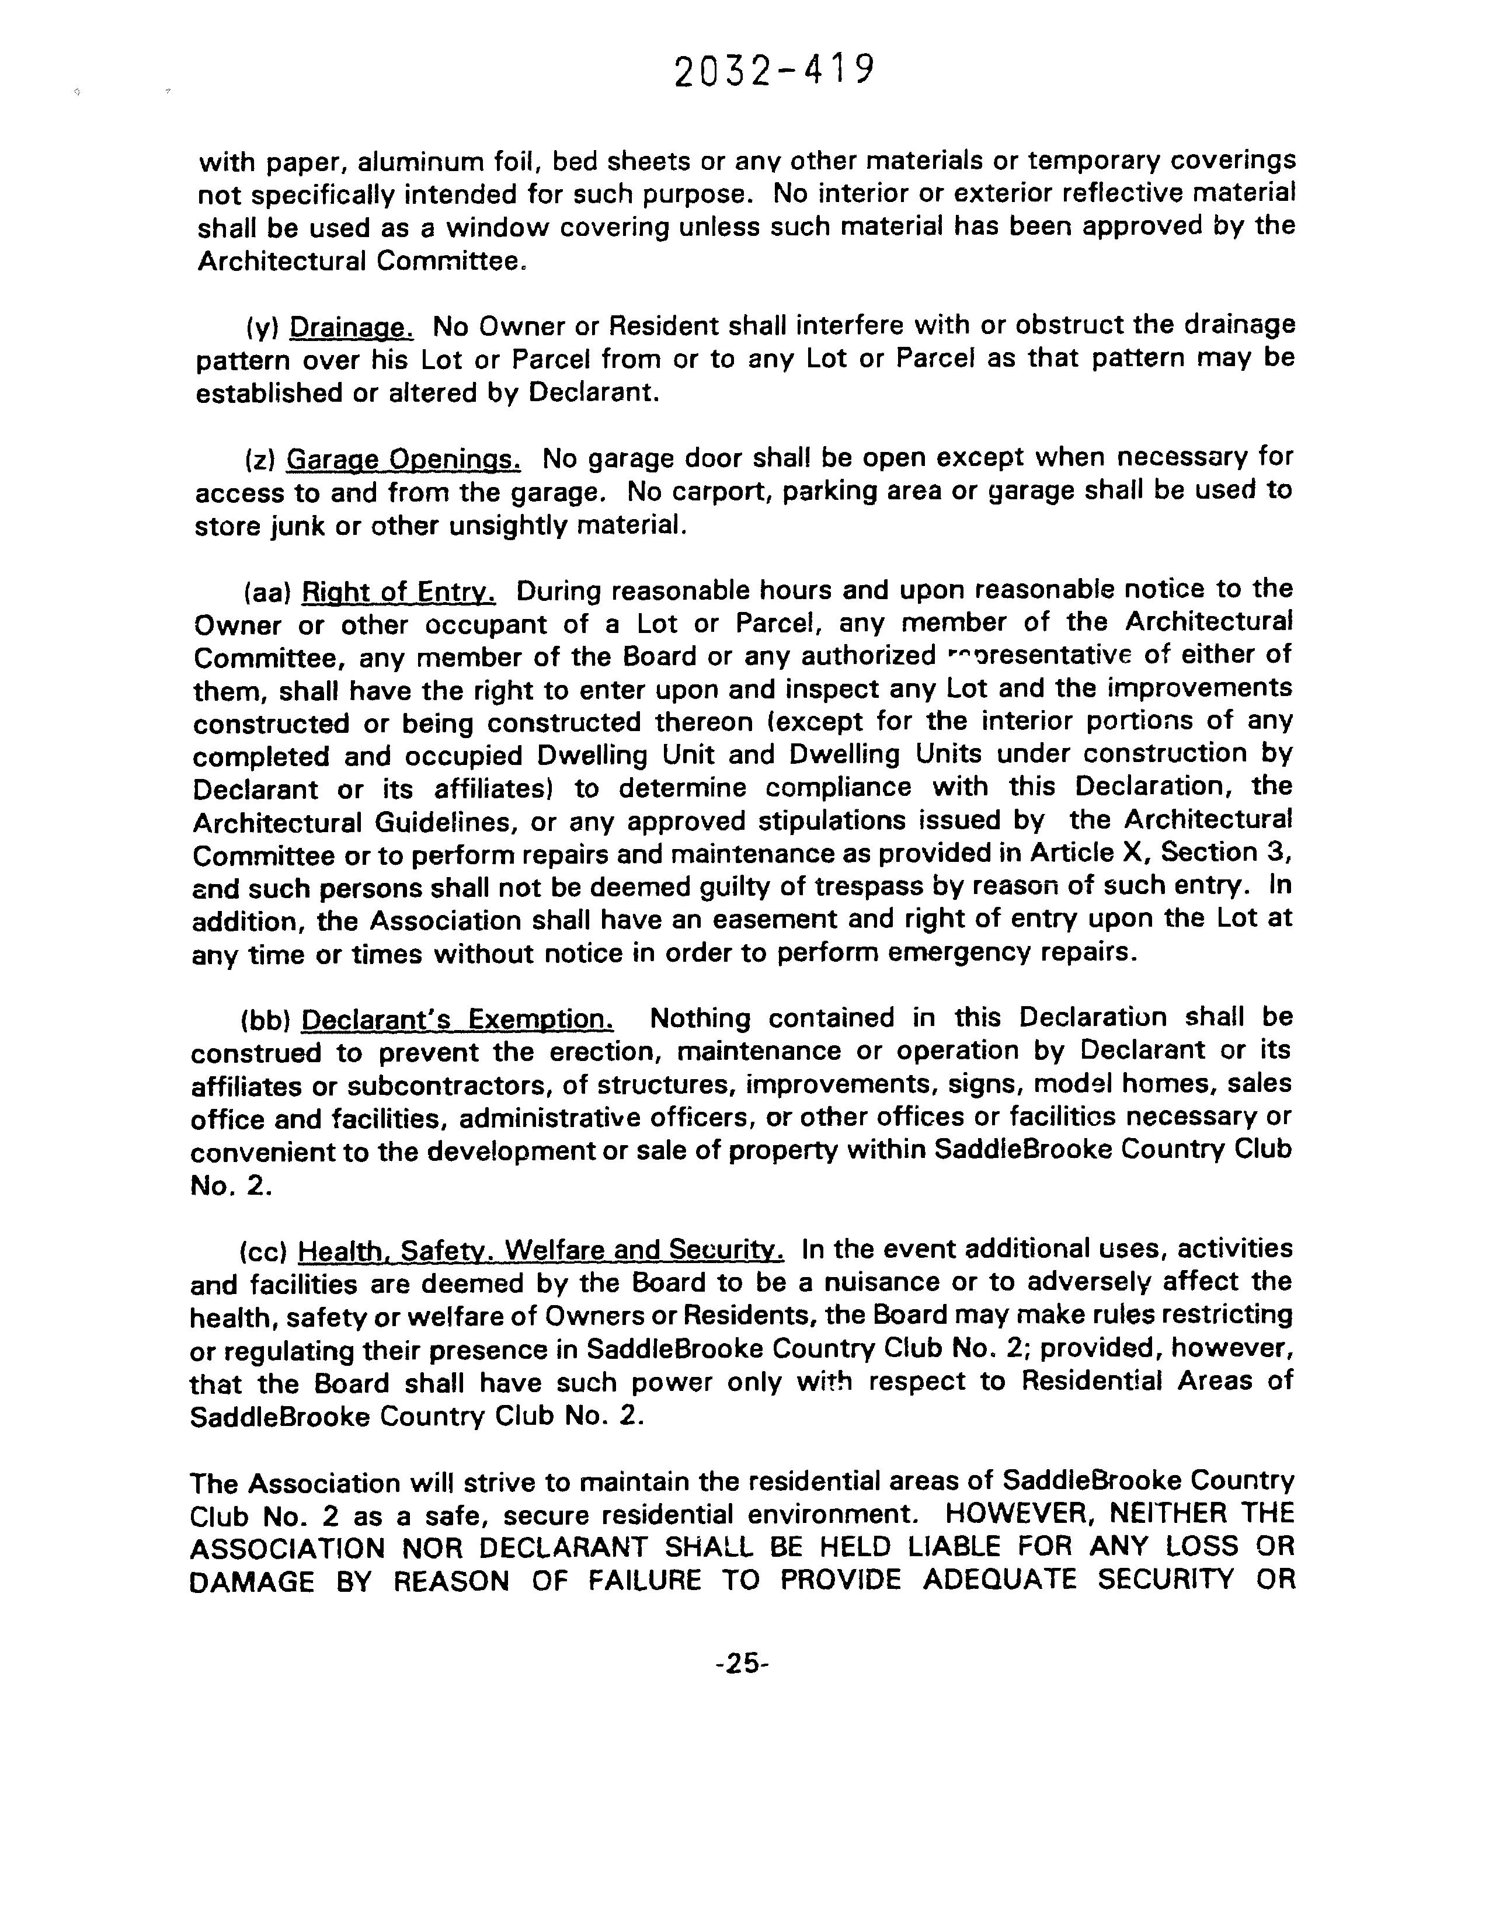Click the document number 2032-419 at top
(x=774, y=71)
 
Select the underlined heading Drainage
(x=351, y=328)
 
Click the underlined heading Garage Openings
(x=404, y=460)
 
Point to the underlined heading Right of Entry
(x=399, y=591)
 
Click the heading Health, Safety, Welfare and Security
(x=541, y=1250)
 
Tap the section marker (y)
(x=262, y=328)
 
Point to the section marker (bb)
(x=266, y=1020)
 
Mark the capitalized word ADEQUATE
(x=1000, y=1580)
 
